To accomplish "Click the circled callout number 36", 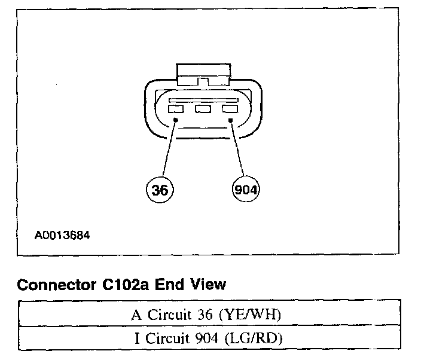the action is (x=158, y=190).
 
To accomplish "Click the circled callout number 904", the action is (x=246, y=190).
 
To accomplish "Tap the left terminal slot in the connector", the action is (x=176, y=109).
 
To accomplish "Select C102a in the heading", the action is (x=124, y=284).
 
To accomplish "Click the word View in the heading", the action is (x=206, y=284).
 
